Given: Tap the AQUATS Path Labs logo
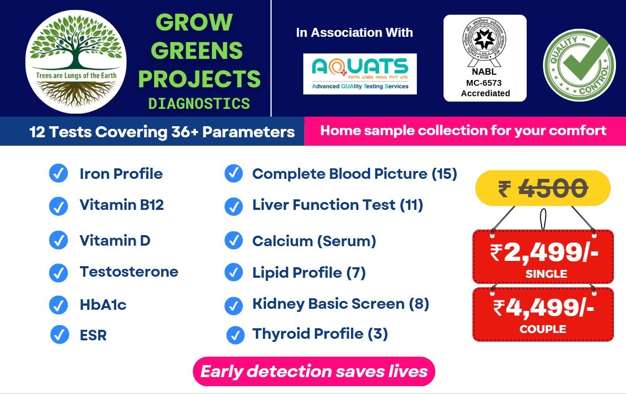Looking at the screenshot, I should tap(360, 74).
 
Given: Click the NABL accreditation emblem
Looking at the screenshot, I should tap(484, 42).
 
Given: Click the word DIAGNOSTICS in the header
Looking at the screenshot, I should tap(199, 104).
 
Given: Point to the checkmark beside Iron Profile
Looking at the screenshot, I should tap(58, 174).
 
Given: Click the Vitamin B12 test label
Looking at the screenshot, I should tap(121, 205).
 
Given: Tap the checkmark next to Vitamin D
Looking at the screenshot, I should tap(58, 240).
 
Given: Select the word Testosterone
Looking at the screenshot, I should tap(129, 272).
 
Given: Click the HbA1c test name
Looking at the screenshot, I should tap(103, 305).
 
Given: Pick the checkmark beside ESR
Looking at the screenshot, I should tap(60, 334).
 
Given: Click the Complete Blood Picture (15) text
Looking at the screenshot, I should tap(354, 174).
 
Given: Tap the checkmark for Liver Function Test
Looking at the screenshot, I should tap(233, 206).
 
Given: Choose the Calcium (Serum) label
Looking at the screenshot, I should tap(314, 241).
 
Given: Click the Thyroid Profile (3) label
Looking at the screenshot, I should tap(320, 334).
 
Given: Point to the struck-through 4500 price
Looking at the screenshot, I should tap(553, 188).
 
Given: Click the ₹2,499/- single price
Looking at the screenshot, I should tap(543, 253).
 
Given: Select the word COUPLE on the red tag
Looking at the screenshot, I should tap(542, 329).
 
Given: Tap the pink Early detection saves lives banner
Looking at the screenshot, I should tap(314, 371).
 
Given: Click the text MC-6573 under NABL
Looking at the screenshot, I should tap(485, 83).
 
